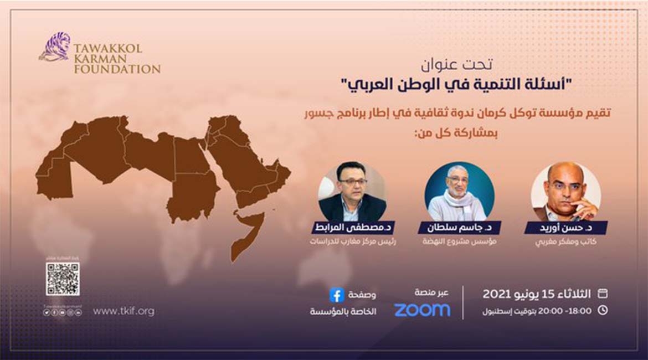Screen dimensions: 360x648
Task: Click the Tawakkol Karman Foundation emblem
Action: tap(54, 47)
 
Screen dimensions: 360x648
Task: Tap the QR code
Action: tap(63, 279)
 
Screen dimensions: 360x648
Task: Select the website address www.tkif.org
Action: tap(124, 311)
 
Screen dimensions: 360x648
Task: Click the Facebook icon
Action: tap(336, 295)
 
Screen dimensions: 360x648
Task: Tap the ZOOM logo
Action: tap(422, 310)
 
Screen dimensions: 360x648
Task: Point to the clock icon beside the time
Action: tap(603, 310)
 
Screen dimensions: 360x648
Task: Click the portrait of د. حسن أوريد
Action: tap(565, 192)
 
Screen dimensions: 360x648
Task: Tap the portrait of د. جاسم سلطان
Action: tap(459, 192)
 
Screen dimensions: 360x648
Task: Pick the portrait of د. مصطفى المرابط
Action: tap(352, 192)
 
